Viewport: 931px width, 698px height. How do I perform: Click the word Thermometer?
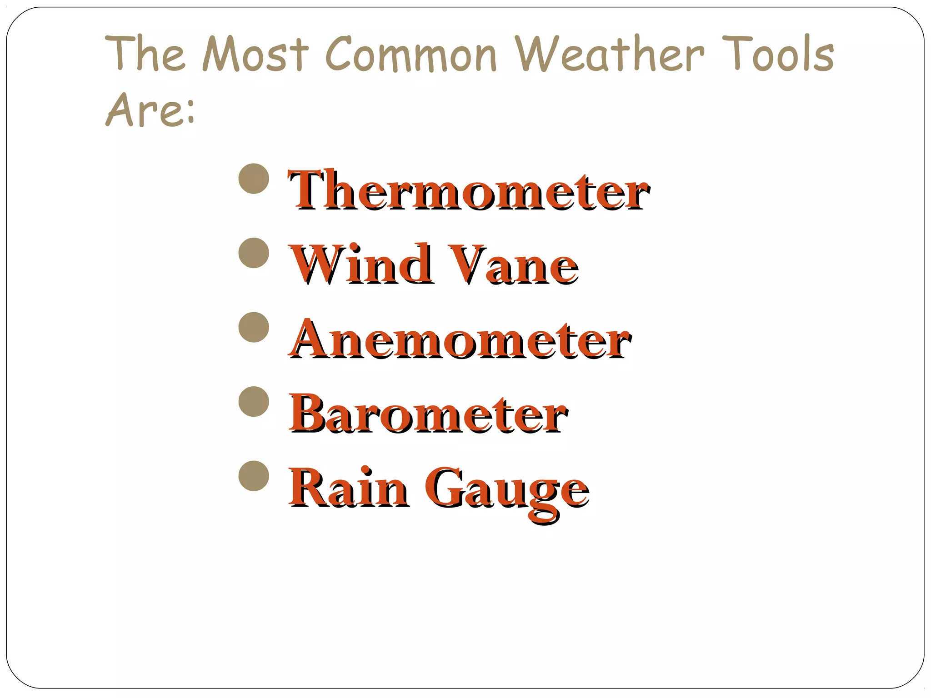[x=469, y=190]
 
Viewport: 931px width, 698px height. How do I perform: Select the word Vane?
[x=513, y=264]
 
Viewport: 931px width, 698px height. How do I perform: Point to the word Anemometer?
[x=460, y=339]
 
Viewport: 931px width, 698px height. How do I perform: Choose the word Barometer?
[x=428, y=413]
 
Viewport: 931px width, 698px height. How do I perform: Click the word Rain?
[x=349, y=488]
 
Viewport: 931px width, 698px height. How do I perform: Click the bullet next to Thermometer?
[x=254, y=179]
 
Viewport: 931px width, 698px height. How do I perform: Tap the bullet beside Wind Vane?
[x=254, y=253]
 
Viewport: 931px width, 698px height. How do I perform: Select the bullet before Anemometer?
[x=254, y=327]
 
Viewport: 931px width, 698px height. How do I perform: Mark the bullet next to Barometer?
[x=254, y=402]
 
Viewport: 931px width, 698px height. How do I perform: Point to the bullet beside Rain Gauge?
[x=254, y=476]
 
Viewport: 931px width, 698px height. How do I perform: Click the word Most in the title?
[x=255, y=54]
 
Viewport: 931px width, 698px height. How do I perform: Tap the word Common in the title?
[x=411, y=55]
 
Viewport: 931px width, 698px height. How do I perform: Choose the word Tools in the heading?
[x=778, y=54]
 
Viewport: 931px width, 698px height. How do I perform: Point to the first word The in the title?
[x=145, y=54]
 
